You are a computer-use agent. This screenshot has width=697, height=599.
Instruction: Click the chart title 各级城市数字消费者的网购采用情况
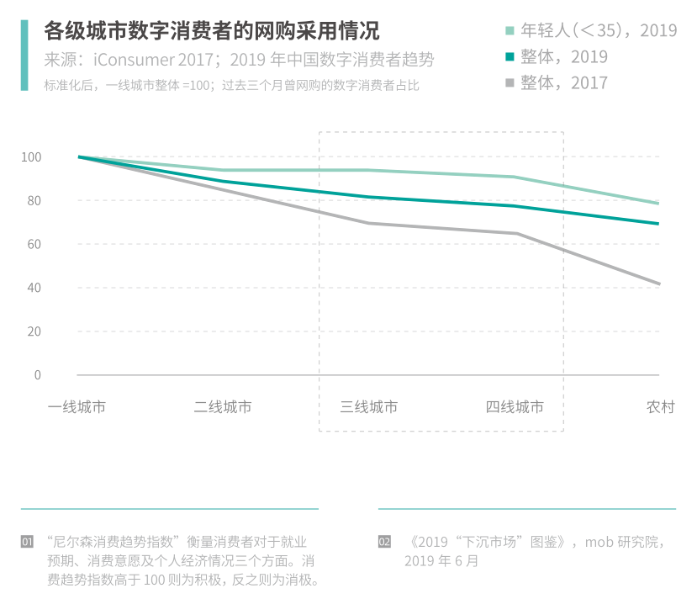(x=211, y=31)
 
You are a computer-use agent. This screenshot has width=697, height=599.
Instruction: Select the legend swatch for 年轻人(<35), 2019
(x=510, y=31)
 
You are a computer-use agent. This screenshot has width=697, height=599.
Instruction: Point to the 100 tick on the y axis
(x=31, y=157)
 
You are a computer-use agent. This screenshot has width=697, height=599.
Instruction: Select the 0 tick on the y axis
(x=37, y=374)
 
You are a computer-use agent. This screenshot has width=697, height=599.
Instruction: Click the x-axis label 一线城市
(x=77, y=407)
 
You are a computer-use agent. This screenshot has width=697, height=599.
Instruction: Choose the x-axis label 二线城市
(x=223, y=407)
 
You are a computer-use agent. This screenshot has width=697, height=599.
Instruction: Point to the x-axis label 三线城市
(x=369, y=407)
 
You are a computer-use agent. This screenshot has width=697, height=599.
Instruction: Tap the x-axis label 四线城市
(x=515, y=407)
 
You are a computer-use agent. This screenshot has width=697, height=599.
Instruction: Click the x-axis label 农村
(x=660, y=407)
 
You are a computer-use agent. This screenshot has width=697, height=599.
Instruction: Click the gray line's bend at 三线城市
(x=369, y=223)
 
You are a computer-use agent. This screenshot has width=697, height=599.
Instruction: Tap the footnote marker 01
(x=28, y=542)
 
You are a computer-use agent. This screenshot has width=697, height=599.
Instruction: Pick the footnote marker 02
(x=385, y=542)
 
